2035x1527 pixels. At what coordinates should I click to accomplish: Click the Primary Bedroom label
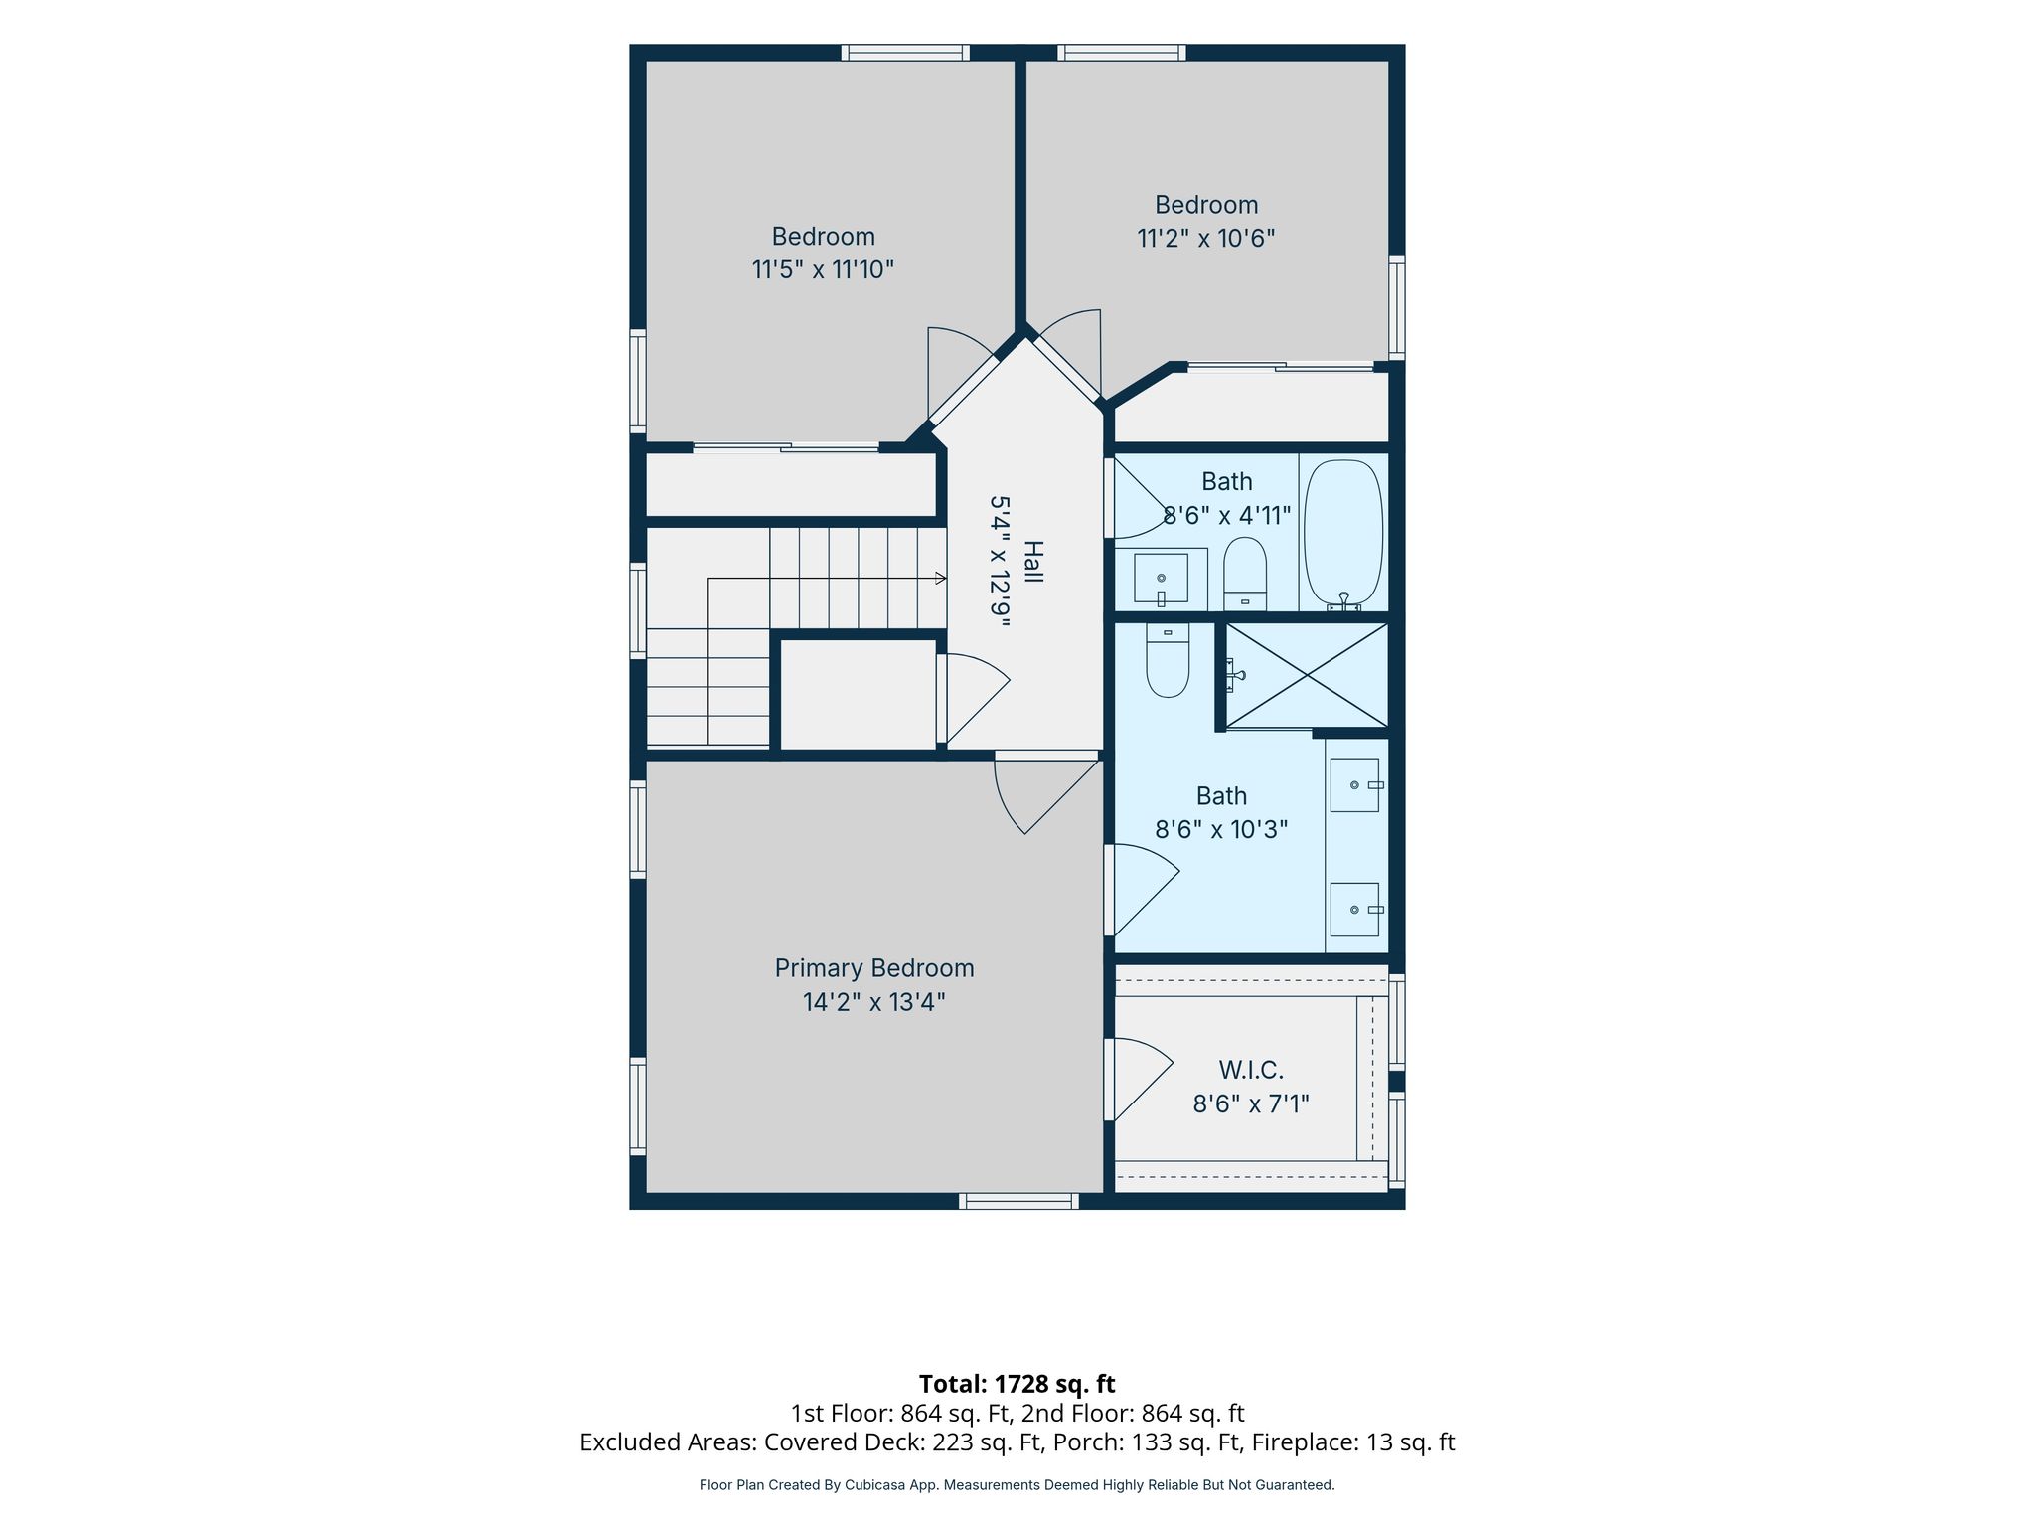[x=874, y=968]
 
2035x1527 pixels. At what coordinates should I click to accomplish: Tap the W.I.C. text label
[x=1251, y=1070]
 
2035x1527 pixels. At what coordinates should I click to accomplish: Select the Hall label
[x=1033, y=562]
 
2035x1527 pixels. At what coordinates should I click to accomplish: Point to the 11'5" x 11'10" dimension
[x=823, y=269]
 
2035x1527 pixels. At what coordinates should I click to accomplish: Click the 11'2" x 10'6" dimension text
[x=1206, y=239]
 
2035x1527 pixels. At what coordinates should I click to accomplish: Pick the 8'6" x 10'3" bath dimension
[x=1221, y=829]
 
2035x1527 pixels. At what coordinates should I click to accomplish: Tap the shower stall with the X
[x=1307, y=675]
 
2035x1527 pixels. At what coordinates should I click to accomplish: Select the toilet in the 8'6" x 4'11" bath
[x=1245, y=574]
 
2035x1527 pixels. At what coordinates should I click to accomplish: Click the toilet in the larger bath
[x=1168, y=660]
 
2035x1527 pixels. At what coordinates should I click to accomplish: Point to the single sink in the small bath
[x=1161, y=579]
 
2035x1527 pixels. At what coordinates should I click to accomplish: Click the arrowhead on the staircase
[x=941, y=578]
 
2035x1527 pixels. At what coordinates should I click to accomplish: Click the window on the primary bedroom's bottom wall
[x=1018, y=1201]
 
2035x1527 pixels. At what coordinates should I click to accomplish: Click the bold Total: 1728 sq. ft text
[x=1017, y=1384]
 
